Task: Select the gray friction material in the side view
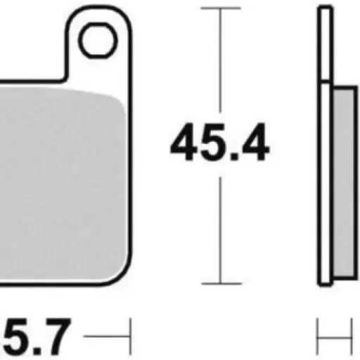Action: [344, 182]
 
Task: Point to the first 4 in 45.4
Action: [184, 142]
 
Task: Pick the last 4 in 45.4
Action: [255, 142]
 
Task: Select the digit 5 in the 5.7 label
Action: [15, 337]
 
